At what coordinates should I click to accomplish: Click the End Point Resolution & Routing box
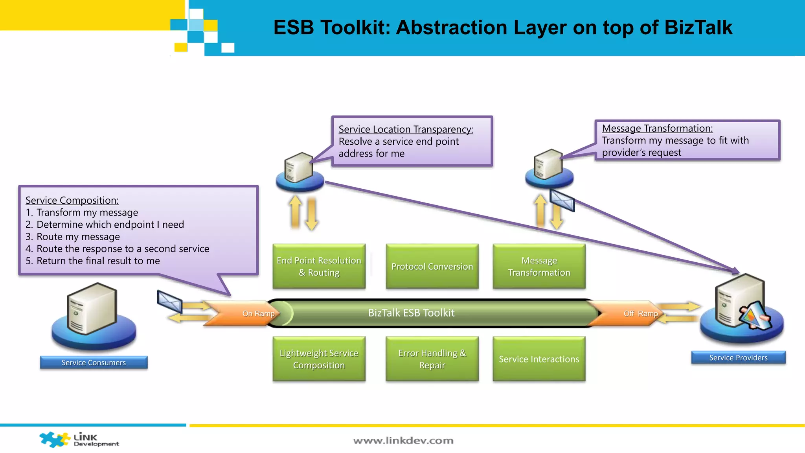[x=319, y=266]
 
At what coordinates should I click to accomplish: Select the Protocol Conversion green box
[x=432, y=266]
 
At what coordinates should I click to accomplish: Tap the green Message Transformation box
[x=539, y=266]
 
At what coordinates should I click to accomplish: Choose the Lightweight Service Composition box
[x=319, y=359]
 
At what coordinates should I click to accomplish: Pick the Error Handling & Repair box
[x=432, y=359]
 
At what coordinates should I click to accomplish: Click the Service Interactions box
[x=539, y=359]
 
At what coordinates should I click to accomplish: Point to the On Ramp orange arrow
[x=244, y=313]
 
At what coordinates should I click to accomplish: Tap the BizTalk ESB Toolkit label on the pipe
[x=411, y=313]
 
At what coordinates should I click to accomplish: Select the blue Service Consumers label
[x=94, y=363]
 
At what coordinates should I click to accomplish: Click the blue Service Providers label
[x=738, y=357]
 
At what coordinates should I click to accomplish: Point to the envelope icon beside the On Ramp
[x=169, y=302]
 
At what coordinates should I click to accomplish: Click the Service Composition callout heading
[x=72, y=200]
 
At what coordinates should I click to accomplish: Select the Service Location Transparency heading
[x=406, y=129]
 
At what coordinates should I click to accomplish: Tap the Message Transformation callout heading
[x=657, y=128]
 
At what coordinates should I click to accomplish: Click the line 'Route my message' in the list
[x=78, y=237]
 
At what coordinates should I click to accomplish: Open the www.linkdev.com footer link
[x=403, y=440]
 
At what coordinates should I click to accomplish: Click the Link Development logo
[x=79, y=440]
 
